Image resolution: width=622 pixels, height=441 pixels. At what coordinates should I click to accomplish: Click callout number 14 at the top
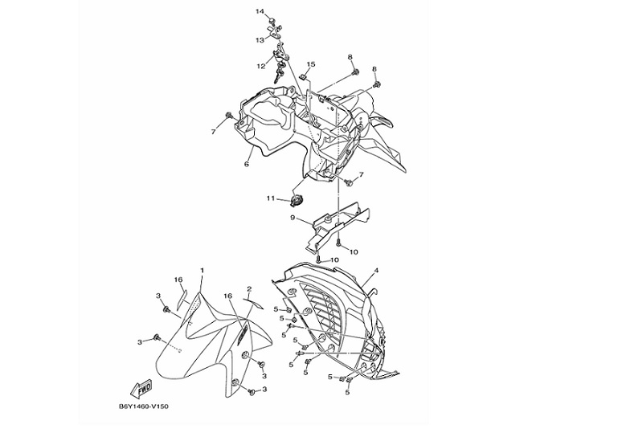[x=260, y=11]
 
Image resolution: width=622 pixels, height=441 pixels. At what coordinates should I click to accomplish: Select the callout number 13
[x=260, y=39]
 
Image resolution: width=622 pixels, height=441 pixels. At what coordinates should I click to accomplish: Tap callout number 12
[x=261, y=66]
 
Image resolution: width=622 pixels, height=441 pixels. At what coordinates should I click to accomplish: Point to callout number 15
[x=311, y=64]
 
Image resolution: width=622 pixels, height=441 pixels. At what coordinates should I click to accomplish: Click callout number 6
[x=247, y=163]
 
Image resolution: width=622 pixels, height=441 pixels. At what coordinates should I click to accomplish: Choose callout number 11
[x=272, y=198]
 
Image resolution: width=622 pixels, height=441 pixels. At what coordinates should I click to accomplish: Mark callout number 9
[x=294, y=217]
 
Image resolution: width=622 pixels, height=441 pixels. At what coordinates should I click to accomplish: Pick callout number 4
[x=376, y=272]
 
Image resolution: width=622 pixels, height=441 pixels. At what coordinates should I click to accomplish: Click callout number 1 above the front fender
[x=202, y=271]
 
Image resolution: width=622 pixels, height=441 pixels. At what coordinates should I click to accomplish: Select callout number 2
[x=250, y=289]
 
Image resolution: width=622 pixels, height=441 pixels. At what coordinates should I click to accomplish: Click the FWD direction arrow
[x=142, y=388]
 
